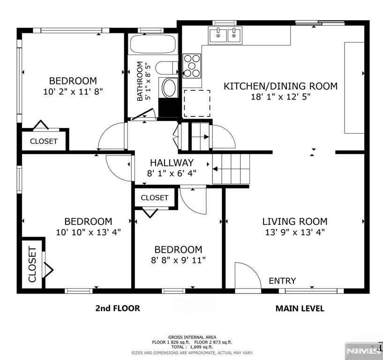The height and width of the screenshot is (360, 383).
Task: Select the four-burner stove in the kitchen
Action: [192, 66]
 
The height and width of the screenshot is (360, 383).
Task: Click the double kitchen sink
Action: [226, 35]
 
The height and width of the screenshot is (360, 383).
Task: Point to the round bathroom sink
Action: [168, 87]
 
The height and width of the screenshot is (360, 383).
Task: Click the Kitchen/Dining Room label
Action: [280, 86]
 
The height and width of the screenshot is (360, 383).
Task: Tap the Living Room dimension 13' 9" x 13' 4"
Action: [294, 232]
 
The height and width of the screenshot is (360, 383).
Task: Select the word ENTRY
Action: [282, 281]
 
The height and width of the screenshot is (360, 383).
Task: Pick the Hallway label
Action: [172, 163]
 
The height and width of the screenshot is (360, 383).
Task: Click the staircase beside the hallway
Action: [231, 169]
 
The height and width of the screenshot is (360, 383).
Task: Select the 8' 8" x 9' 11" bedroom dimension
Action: [178, 260]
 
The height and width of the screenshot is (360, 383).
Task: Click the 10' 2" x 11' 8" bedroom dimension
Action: [73, 91]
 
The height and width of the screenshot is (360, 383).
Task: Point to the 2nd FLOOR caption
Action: [118, 308]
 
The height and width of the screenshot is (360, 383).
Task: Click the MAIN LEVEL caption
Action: [300, 308]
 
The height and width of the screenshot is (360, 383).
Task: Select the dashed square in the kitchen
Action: [196, 103]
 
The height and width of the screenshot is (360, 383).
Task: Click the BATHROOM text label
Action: [140, 82]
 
